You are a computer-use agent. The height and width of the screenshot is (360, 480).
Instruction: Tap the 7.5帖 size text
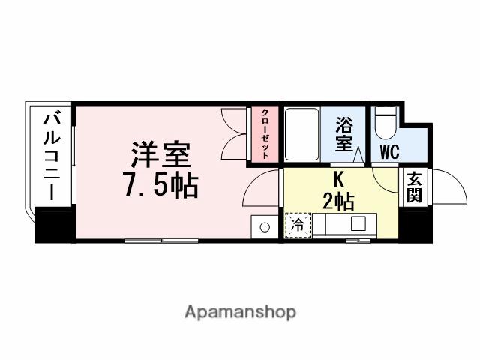(160, 183)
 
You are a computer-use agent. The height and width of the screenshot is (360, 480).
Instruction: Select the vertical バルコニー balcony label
(51, 155)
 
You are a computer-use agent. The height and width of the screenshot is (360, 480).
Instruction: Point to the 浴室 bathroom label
(344, 133)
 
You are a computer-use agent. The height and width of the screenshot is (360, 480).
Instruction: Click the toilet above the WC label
(385, 122)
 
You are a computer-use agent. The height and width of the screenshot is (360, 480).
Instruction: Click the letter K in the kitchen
(338, 180)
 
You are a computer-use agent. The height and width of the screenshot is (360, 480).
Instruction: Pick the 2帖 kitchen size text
(338, 200)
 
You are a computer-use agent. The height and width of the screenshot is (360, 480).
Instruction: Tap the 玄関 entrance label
(414, 187)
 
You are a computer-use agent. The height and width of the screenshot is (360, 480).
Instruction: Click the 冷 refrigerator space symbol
(297, 225)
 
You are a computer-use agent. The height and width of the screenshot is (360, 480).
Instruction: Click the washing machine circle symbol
(265, 226)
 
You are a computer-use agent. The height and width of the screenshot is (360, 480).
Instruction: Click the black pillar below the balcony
(53, 226)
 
